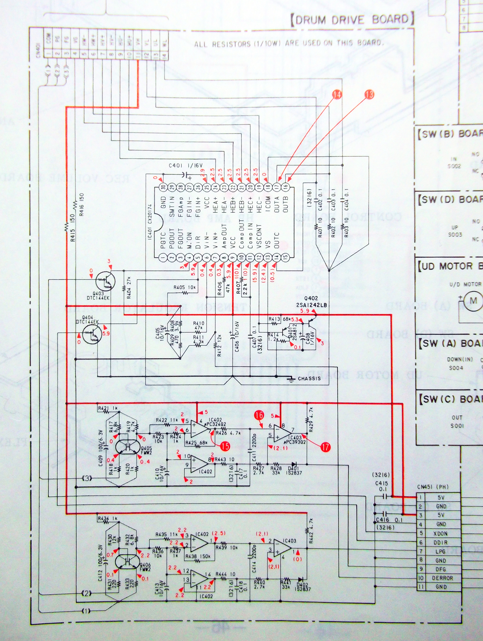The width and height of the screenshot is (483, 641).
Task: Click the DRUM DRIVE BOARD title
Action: point(352,20)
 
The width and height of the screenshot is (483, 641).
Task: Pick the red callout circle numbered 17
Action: point(325,447)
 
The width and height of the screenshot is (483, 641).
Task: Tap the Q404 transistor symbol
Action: point(92,334)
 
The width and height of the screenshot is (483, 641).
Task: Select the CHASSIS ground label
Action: point(309,378)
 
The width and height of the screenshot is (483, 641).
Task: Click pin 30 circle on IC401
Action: point(164,187)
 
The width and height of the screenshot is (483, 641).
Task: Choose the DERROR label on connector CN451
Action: point(442,578)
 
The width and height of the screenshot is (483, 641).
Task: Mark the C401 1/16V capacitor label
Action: point(186,166)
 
